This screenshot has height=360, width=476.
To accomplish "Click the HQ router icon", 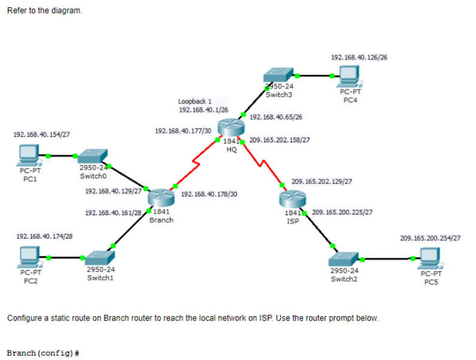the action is pyautogui.click(x=231, y=127).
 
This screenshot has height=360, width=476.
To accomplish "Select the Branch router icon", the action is pyautogui.click(x=161, y=197).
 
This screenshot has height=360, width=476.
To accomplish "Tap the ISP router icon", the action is pyautogui.click(x=292, y=199).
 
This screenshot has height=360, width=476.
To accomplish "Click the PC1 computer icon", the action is pyautogui.click(x=28, y=155).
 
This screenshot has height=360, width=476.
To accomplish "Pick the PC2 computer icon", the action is pyautogui.click(x=29, y=257).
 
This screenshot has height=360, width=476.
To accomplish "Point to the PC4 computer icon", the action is pyautogui.click(x=350, y=76).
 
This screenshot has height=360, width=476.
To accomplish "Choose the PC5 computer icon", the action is pyautogui.click(x=431, y=258).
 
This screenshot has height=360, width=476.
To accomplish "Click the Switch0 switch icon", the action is pyautogui.click(x=92, y=156).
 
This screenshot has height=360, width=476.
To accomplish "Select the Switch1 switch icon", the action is pyautogui.click(x=100, y=258).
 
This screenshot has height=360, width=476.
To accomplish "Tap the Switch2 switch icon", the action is pyautogui.click(x=343, y=259).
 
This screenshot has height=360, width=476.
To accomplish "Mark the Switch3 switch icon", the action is pyautogui.click(x=279, y=75).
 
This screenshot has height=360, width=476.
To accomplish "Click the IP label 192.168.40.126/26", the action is pyautogui.click(x=359, y=57).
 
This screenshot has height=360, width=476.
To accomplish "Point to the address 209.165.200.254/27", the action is pyautogui.click(x=430, y=238).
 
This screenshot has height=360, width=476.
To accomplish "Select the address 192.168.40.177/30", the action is pyautogui.click(x=183, y=131).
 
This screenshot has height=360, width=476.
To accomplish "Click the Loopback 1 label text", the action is pyautogui.click(x=195, y=101).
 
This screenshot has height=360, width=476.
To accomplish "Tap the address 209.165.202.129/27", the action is pyautogui.click(x=322, y=182).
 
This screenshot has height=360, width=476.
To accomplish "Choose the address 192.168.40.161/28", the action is pyautogui.click(x=113, y=213).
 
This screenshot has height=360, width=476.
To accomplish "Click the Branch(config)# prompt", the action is pyautogui.click(x=43, y=353).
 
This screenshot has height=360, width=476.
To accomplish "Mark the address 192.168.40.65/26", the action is pyautogui.click(x=276, y=117).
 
